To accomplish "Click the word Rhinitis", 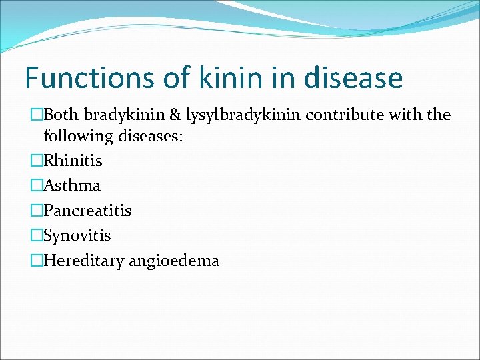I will pos(73,161).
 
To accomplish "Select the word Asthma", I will pos(71,185).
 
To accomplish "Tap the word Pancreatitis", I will pos(87,211).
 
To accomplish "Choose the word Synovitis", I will pos(77,235).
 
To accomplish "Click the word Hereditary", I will pos(82,261).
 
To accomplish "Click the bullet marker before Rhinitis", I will pos(37,161).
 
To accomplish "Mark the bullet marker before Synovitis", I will pos(37,235).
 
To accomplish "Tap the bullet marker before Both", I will pos(37,115).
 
